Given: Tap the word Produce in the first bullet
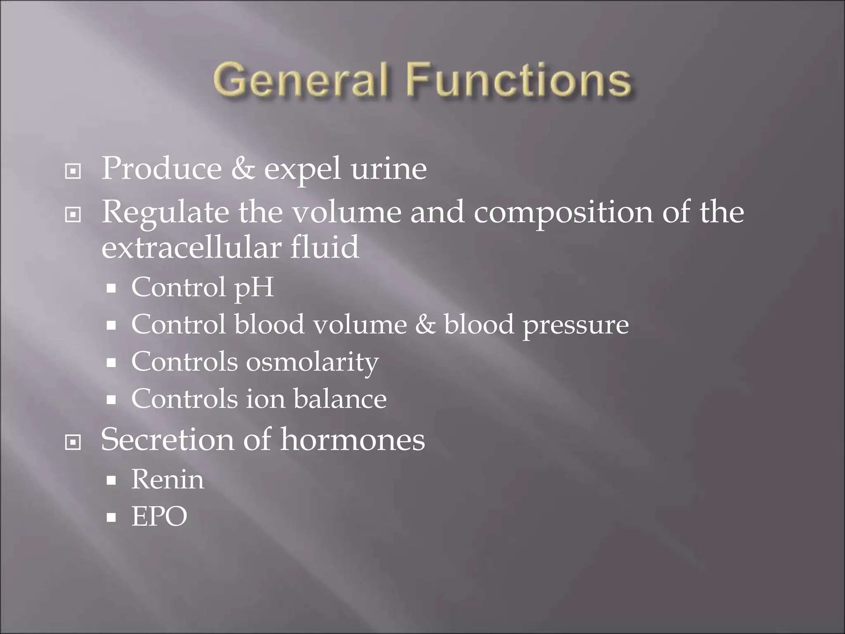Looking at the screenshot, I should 161,169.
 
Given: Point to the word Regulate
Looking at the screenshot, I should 165,213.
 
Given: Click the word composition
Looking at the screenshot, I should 563,213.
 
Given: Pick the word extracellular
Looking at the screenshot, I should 191,248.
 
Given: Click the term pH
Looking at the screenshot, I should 254,287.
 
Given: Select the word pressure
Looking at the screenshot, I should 576,325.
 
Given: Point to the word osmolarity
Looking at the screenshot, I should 312,362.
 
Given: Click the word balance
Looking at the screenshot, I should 340,399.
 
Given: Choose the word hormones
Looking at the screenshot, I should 352,439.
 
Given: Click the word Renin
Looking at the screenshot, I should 168,480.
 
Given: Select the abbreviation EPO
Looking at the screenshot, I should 159,516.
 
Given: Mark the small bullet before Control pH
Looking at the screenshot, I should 111,289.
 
